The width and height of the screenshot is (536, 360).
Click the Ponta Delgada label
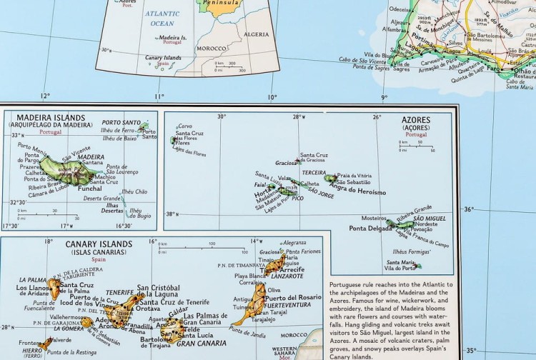(x=369, y=229)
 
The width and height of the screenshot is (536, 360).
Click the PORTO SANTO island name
(x=120, y=122)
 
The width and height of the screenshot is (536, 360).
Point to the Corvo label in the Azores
(x=184, y=126)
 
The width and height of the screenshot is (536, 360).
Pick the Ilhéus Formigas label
(x=412, y=252)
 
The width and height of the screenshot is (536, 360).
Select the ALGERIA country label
(x=257, y=34)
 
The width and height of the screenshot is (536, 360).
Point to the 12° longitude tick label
(x=46, y=96)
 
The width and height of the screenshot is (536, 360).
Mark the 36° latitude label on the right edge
(x=469, y=209)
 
